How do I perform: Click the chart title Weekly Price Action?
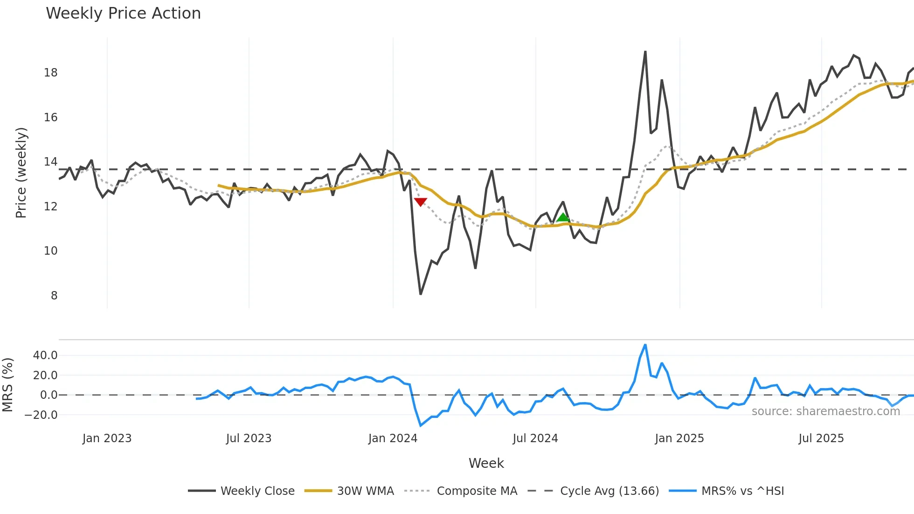123,14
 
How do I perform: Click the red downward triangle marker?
420,202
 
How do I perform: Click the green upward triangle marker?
563,217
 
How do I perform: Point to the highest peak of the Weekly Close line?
645,52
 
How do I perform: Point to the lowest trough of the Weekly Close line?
421,294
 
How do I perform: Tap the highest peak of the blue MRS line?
645,345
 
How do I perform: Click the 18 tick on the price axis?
51,73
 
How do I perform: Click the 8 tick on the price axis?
54,296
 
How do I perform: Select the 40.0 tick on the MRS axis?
45,355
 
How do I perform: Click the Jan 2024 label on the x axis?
393,438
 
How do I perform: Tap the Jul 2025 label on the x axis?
821,438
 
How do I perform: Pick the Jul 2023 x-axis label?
249,438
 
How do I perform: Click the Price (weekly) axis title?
21,173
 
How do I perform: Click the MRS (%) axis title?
7,385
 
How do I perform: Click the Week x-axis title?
486,463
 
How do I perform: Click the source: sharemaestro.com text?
825,411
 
